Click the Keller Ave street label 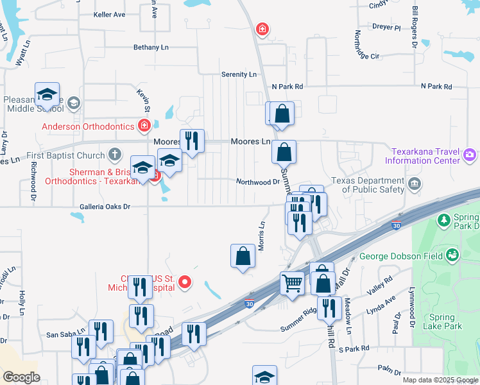(x=109, y=14)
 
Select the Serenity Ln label (x=239, y=74)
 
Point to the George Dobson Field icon (x=453, y=255)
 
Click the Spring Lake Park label (x=442, y=321)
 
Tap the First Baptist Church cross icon (x=114, y=155)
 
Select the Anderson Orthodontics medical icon (x=144, y=125)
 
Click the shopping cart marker (x=292, y=282)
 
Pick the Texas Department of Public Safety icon (x=414, y=184)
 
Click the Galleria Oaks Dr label (x=105, y=207)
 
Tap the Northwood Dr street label (x=258, y=182)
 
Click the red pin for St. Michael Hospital (x=185, y=281)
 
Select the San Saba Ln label (x=66, y=334)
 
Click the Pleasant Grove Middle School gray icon (x=73, y=103)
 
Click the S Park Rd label (x=354, y=348)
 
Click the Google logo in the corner (x=22, y=377)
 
